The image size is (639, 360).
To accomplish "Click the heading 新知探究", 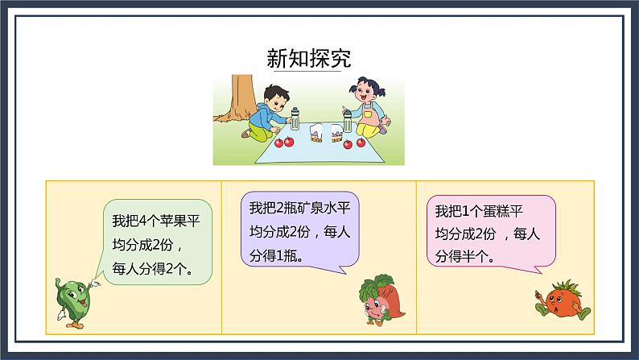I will [308, 59].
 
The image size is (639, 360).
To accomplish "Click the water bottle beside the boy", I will [295, 119].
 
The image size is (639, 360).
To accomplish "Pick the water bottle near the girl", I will [348, 120].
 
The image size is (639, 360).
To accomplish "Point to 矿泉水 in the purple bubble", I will [316, 209].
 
